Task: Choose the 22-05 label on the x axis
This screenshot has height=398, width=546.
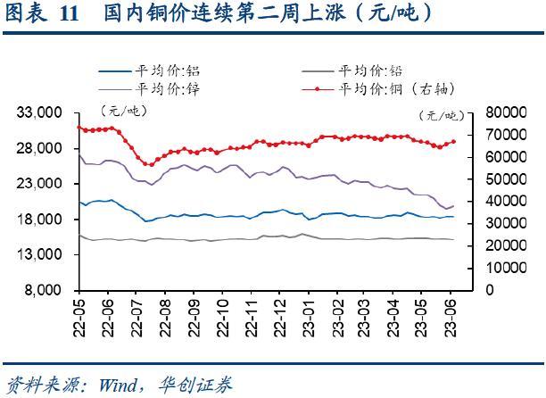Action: click(x=79, y=317)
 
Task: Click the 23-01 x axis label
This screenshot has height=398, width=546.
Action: click(x=308, y=317)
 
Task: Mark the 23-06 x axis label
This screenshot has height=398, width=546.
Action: click(x=451, y=317)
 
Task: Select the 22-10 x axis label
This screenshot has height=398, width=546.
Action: click(x=222, y=317)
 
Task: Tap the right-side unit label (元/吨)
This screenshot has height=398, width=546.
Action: click(x=440, y=115)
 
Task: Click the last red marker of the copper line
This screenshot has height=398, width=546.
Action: click(x=453, y=141)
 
